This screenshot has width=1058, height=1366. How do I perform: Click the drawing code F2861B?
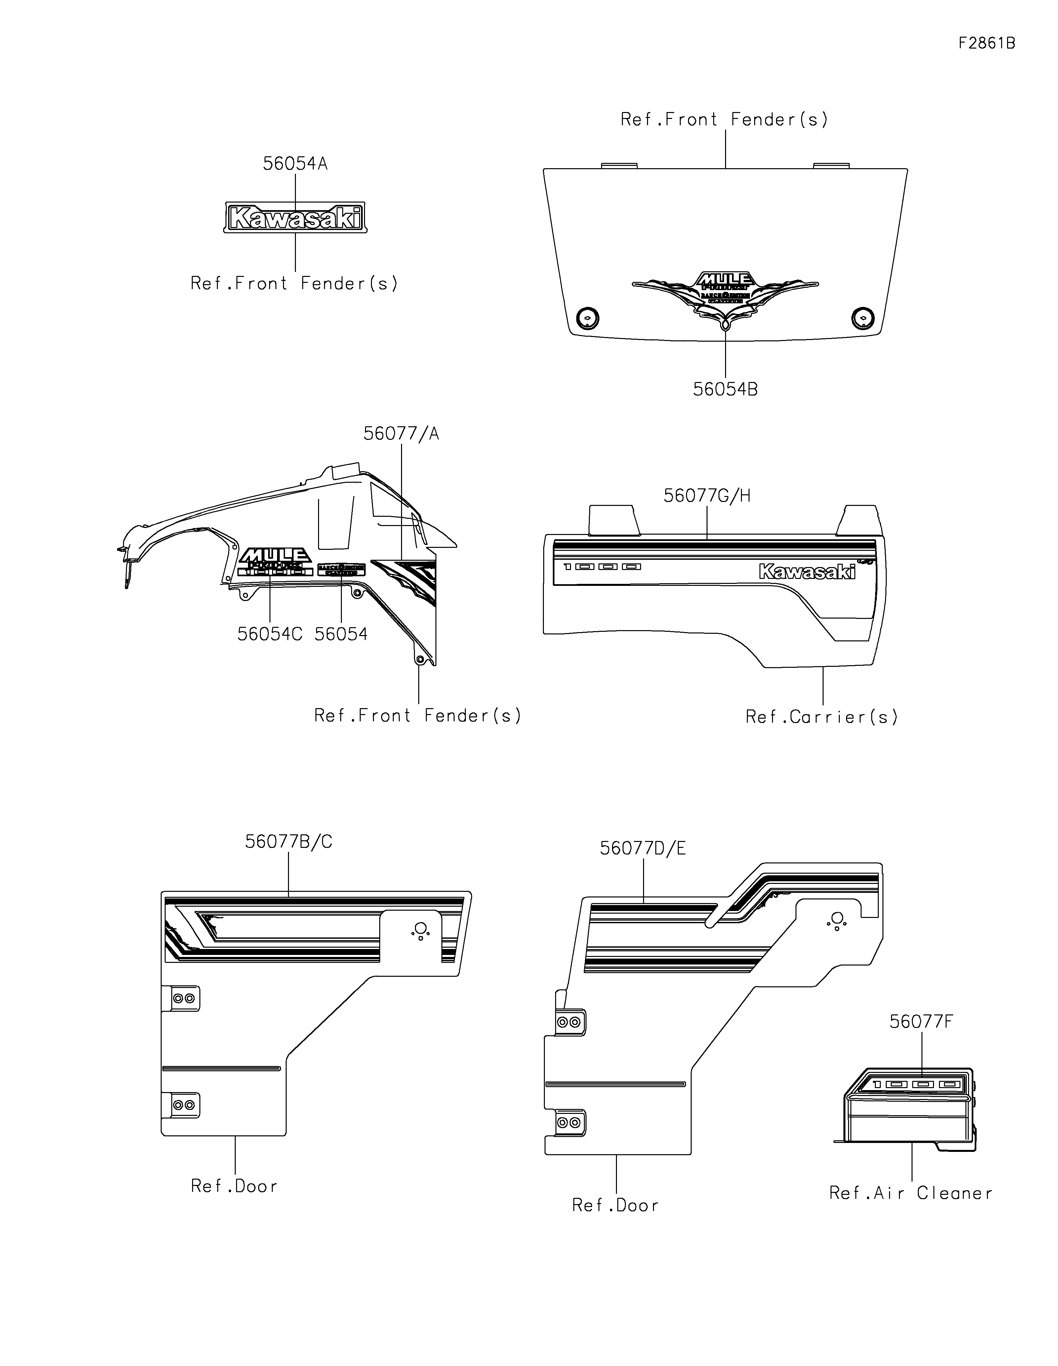[987, 43]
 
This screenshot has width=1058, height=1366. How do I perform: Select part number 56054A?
[295, 164]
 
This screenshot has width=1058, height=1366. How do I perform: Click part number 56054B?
[725, 389]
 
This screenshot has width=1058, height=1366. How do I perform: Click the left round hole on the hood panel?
[587, 318]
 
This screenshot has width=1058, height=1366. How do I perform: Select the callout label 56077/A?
[401, 434]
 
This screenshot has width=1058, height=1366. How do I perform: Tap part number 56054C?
[270, 634]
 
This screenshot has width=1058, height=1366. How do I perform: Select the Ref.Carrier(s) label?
[822, 717]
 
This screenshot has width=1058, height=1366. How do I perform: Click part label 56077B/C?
[288, 842]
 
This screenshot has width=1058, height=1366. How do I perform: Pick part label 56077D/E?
[642, 848]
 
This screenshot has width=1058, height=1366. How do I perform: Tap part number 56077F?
[921, 1022]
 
